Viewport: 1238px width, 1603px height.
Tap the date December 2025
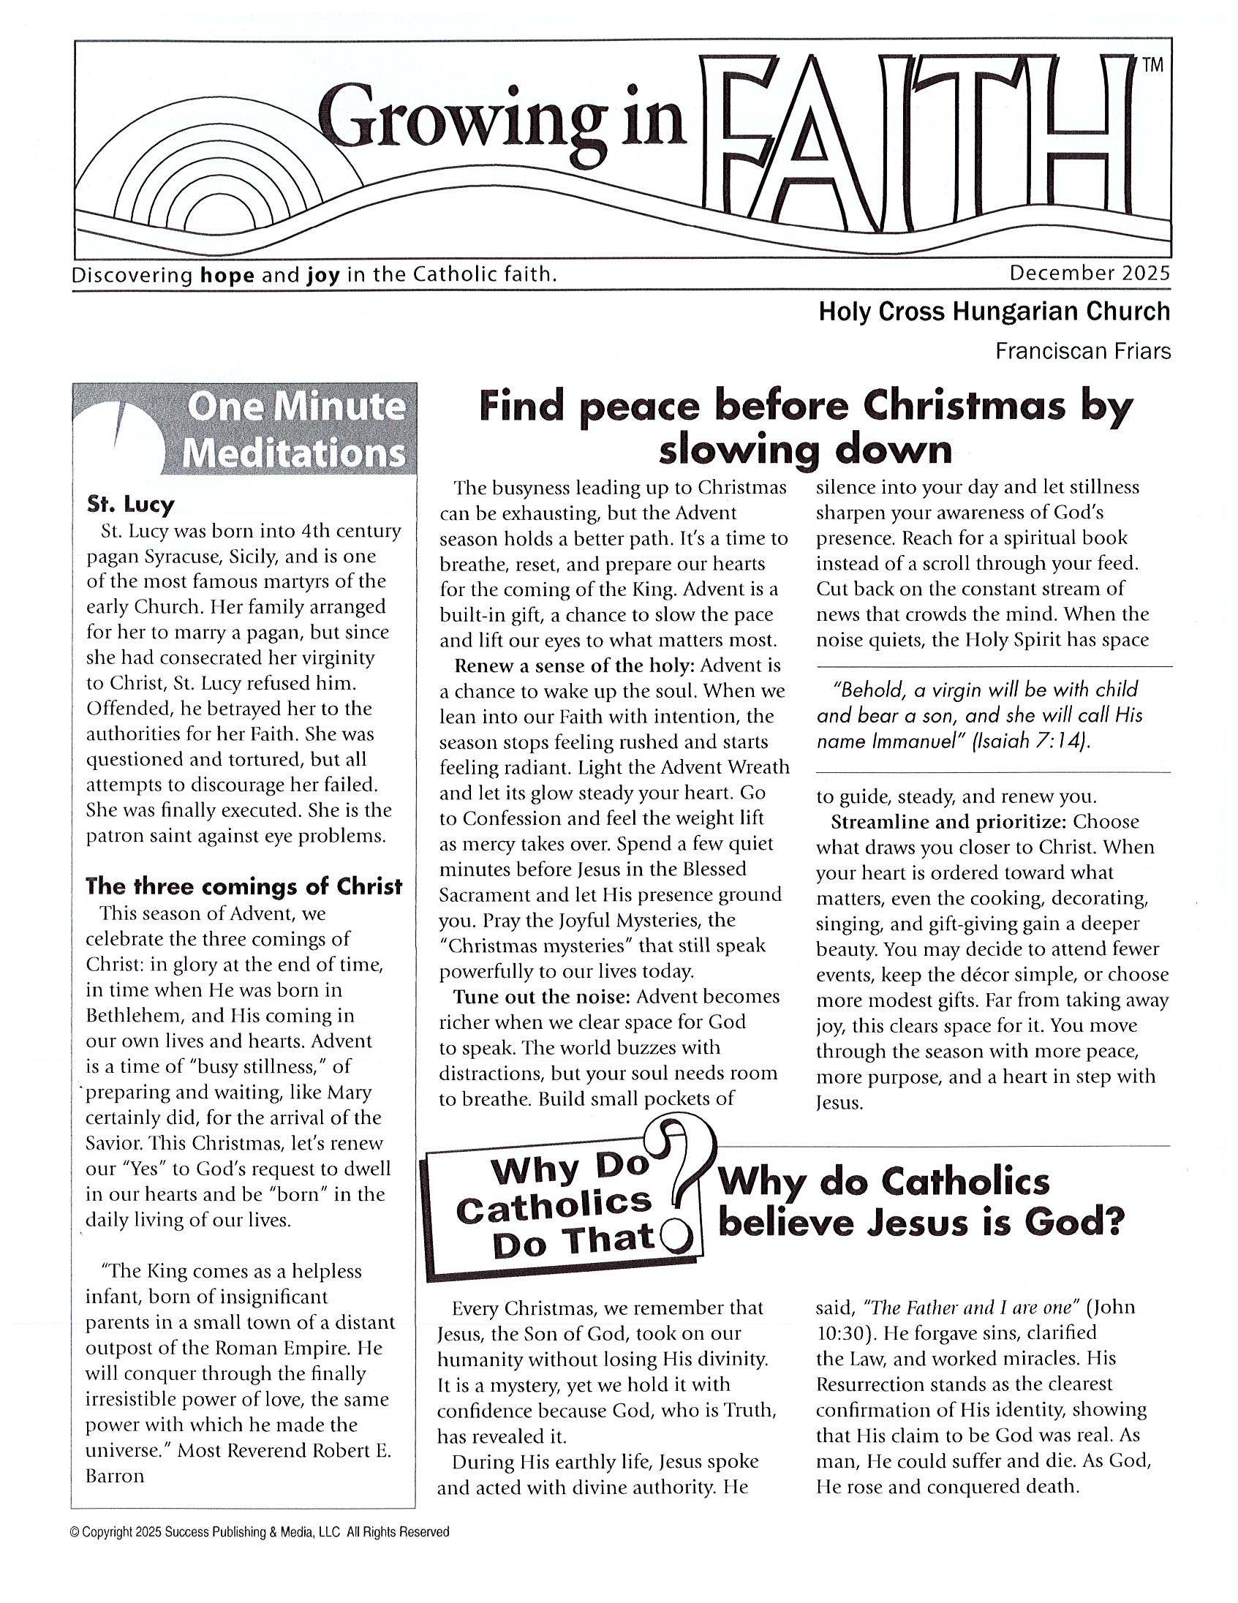click(1089, 273)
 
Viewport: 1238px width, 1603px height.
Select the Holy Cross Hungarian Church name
click(994, 312)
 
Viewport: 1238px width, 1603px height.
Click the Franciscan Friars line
click(1082, 352)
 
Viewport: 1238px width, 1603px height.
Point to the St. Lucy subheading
click(131, 505)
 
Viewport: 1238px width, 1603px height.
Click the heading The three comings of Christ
click(244, 886)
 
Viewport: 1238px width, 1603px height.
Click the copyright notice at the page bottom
click(259, 1532)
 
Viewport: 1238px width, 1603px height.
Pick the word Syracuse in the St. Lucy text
click(181, 557)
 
